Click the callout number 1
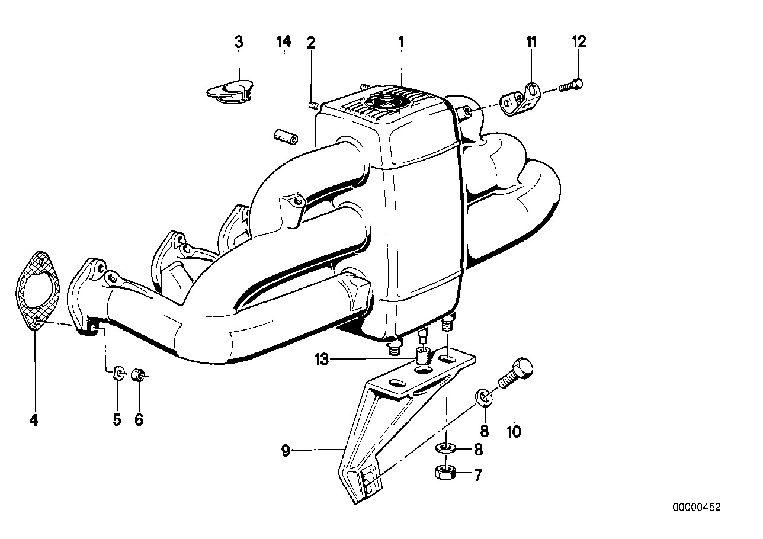pyautogui.click(x=401, y=42)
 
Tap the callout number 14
pyautogui.click(x=284, y=42)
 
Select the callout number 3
pyautogui.click(x=239, y=42)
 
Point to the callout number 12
pyautogui.click(x=579, y=42)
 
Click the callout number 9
pyautogui.click(x=286, y=451)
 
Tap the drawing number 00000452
pyautogui.click(x=696, y=507)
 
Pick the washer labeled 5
pyautogui.click(x=118, y=374)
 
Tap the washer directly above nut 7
pyautogui.click(x=444, y=448)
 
